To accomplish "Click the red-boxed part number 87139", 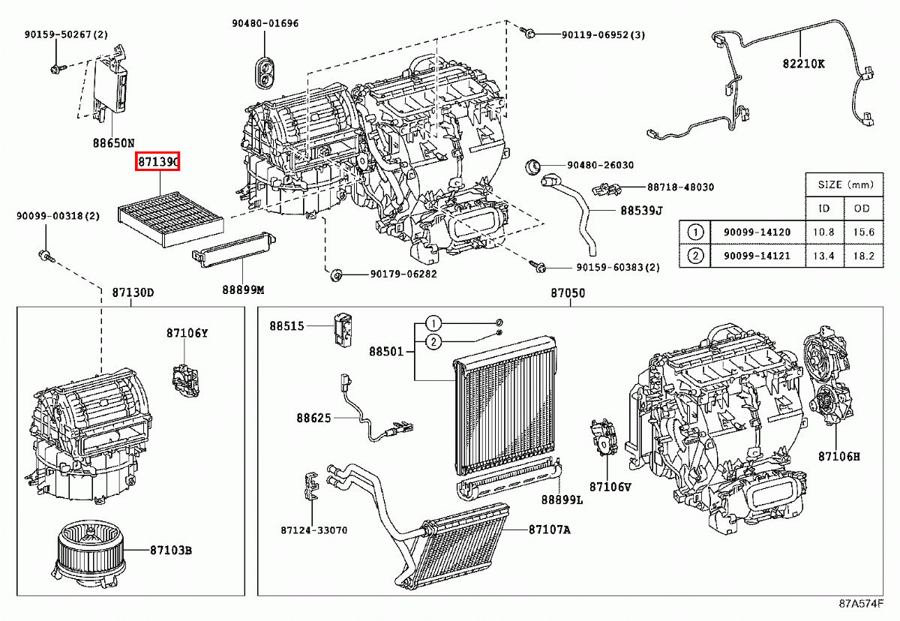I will click(x=157, y=161).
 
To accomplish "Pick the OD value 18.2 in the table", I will click(x=859, y=256).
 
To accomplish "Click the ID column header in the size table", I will click(x=823, y=208).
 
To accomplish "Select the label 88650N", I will click(x=114, y=142).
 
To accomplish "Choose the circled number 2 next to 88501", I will click(x=432, y=342).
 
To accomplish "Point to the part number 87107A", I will click(x=549, y=529).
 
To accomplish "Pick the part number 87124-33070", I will click(x=314, y=529).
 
